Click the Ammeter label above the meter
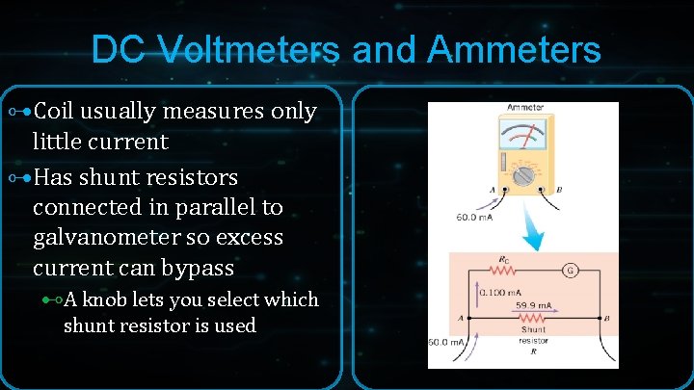(x=524, y=107)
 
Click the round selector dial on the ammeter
(x=524, y=176)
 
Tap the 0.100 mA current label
(x=501, y=292)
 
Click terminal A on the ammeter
(x=491, y=191)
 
